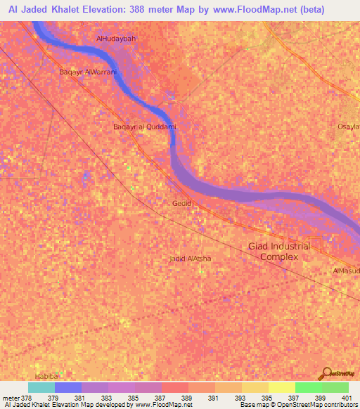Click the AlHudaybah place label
(x=116, y=38)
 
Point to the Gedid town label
(x=181, y=203)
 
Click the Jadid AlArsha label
(x=191, y=259)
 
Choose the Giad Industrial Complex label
(x=279, y=252)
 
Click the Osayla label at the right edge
(x=349, y=126)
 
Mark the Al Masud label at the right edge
(x=346, y=271)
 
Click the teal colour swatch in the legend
(x=41, y=387)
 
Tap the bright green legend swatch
(x=309, y=387)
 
